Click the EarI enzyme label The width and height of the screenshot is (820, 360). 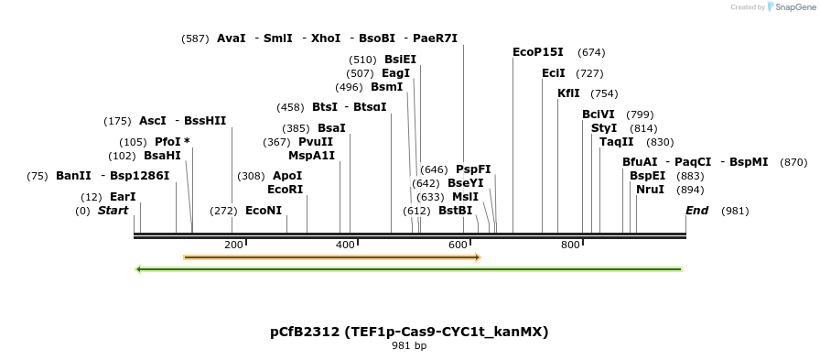coord(123,197)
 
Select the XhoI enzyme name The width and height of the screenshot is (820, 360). coord(326,38)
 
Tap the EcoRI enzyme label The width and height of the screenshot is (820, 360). coord(285,190)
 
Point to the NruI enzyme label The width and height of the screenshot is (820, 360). coord(650,190)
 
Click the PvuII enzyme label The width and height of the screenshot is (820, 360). coord(316,142)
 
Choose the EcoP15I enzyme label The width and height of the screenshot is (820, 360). coord(538,52)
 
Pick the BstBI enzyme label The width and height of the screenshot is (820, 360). coord(455,211)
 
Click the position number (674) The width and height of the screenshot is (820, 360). coord(591,52)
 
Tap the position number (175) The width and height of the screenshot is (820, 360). coord(117,122)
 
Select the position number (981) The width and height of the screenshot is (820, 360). coord(735,212)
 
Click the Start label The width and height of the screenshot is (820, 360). coord(113,211)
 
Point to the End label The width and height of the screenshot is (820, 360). coord(697,211)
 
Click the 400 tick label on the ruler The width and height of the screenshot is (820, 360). coord(346,245)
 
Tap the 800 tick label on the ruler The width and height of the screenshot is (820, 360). coord(570,245)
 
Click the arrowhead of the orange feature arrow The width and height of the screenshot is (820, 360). coord(478,256)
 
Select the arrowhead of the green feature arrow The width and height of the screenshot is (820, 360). coord(138,269)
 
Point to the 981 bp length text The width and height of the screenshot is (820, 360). coord(409,346)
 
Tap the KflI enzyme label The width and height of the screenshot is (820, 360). coord(568,93)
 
